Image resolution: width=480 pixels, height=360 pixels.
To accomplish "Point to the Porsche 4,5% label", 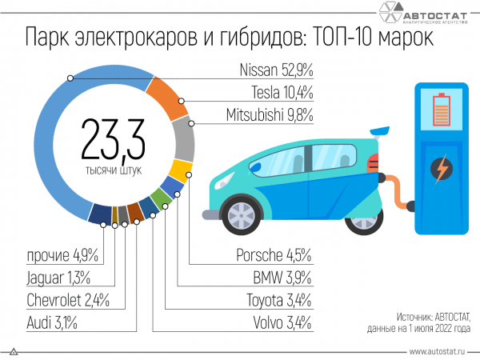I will (273, 255).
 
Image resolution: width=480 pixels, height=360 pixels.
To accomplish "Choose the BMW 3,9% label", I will (280, 278).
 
